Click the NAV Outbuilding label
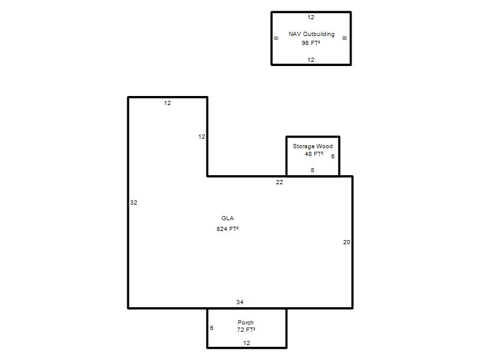(311, 34)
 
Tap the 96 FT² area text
(311, 43)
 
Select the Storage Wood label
(313, 146)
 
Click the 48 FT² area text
(314, 154)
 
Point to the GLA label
(227, 218)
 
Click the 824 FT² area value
(227, 229)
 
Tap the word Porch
(245, 322)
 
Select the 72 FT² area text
(246, 329)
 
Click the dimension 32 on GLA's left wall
(134, 202)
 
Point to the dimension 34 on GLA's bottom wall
(239, 302)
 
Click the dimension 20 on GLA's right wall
(347, 242)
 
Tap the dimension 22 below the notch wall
(280, 182)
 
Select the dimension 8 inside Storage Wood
(312, 170)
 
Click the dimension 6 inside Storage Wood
(333, 157)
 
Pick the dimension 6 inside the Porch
(212, 328)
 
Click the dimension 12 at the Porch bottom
(247, 343)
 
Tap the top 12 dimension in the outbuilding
(311, 17)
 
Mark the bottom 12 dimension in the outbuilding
(311, 59)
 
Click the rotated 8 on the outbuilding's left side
(276, 38)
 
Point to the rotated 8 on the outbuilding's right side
(344, 38)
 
